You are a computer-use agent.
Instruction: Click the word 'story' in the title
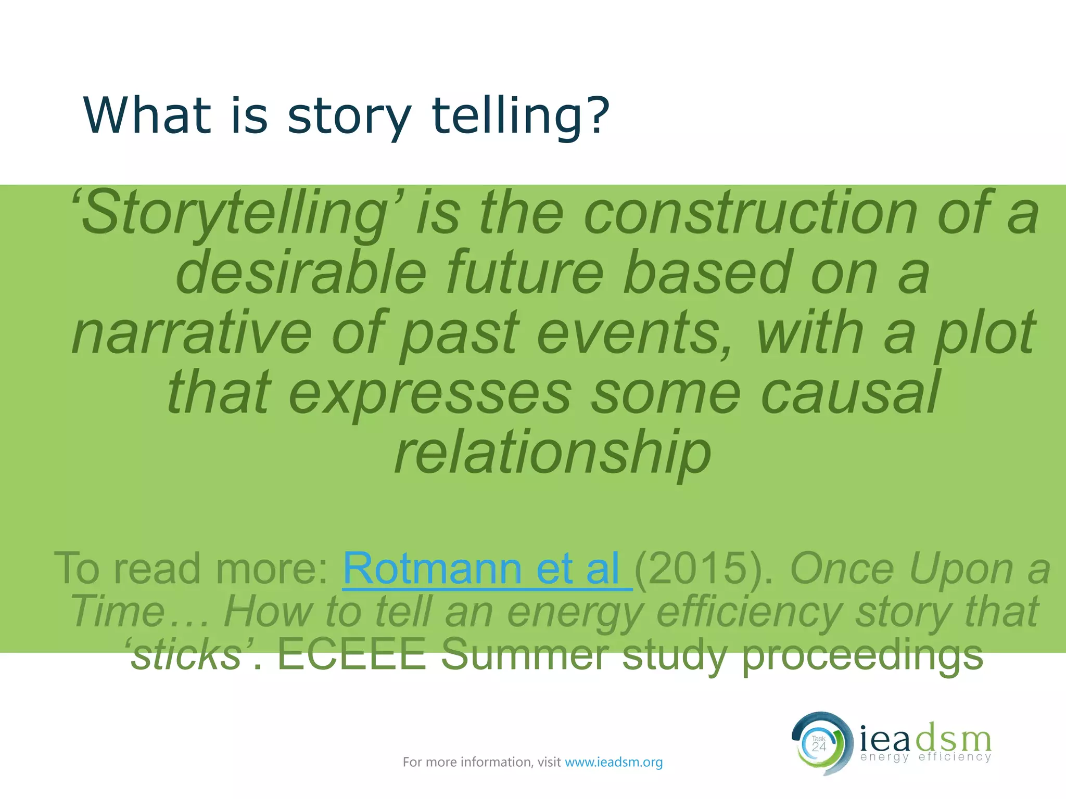[349, 115]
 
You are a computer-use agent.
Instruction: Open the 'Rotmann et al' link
[487, 569]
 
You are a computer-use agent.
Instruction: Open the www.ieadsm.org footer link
[614, 762]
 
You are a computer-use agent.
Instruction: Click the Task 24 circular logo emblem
[820, 744]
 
